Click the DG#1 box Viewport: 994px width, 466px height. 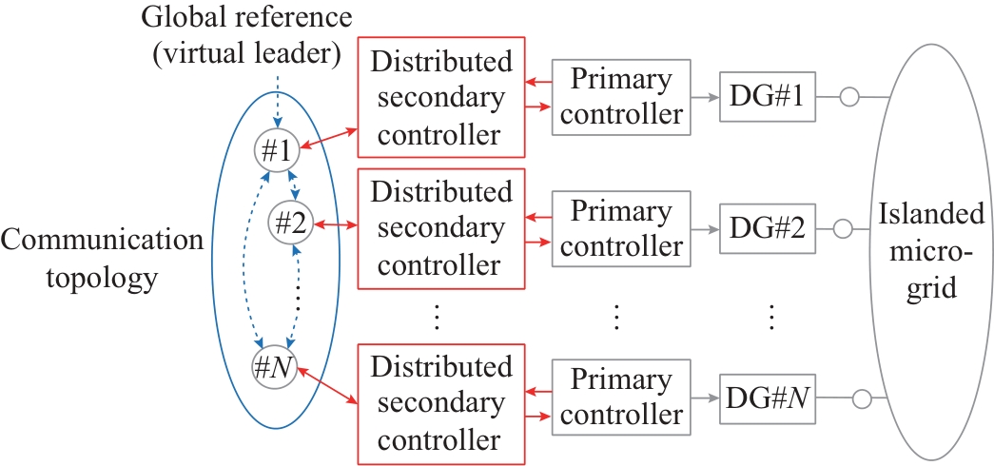tap(769, 96)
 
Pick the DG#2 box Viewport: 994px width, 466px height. tap(769, 229)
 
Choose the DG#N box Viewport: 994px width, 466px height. tap(769, 396)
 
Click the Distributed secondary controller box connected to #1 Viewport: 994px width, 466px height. tap(441, 97)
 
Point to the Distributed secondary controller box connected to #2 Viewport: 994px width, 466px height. tap(441, 228)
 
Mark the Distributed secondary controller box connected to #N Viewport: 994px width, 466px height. tap(441, 404)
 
